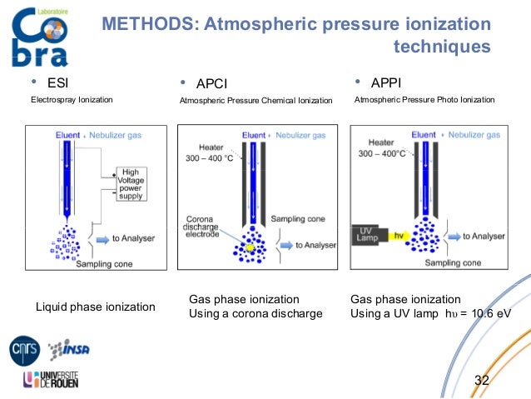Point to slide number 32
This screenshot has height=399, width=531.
pyautogui.click(x=481, y=381)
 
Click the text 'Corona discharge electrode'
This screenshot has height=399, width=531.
pyautogui.click(x=202, y=227)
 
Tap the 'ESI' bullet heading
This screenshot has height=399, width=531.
pyautogui.click(x=57, y=82)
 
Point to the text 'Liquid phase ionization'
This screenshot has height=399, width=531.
pyautogui.click(x=95, y=307)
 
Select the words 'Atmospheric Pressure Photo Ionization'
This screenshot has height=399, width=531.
pyautogui.click(x=424, y=100)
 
